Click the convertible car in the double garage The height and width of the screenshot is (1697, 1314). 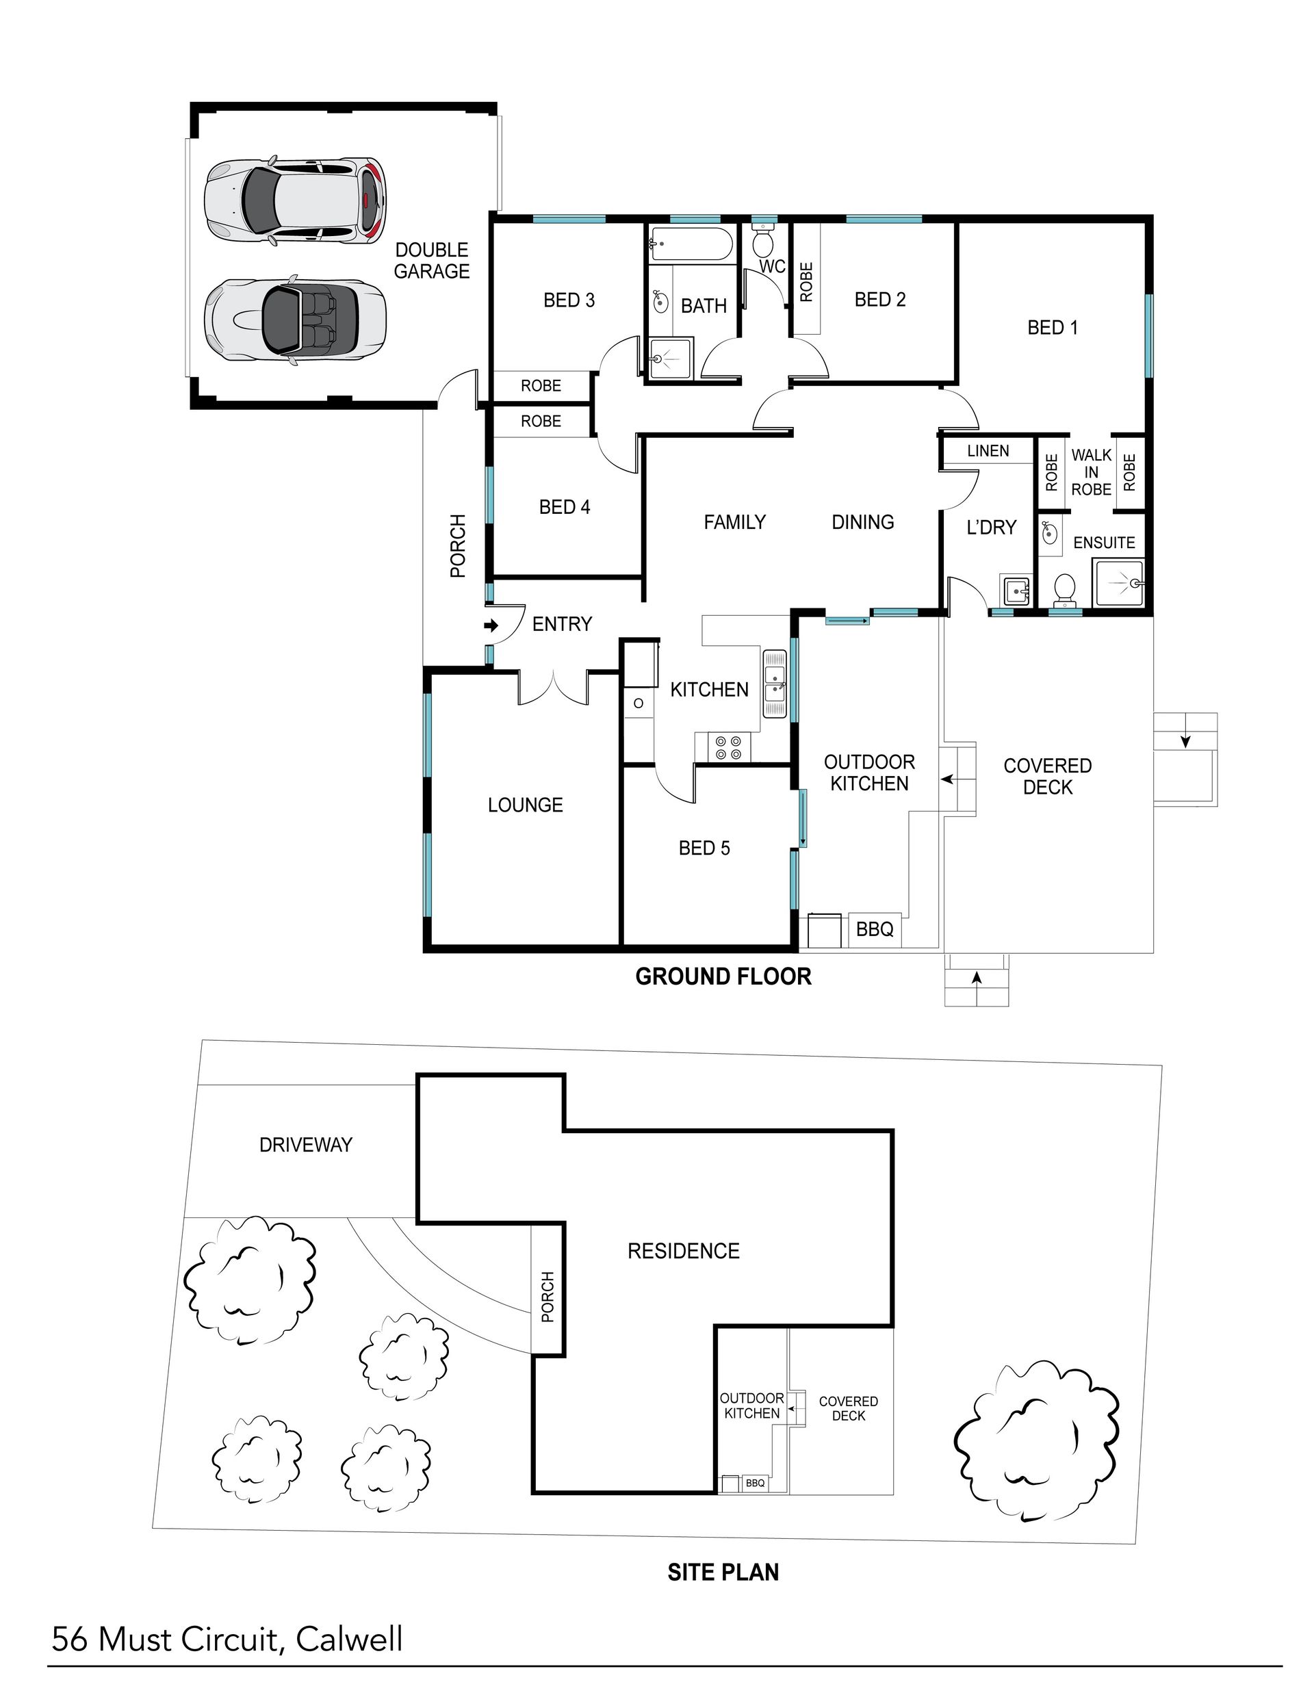click(295, 319)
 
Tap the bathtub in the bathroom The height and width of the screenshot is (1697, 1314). click(690, 244)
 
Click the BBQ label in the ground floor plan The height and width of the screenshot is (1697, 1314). click(874, 929)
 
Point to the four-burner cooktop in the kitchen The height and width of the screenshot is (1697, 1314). click(729, 747)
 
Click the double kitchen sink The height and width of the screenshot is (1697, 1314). click(775, 683)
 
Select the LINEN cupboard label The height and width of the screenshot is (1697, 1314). click(988, 451)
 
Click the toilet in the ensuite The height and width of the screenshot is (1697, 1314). click(1063, 591)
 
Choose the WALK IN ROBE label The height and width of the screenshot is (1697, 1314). click(1091, 471)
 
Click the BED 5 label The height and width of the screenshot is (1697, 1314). click(704, 848)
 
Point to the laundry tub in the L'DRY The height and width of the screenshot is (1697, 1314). click(1016, 591)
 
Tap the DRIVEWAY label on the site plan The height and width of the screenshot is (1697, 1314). click(305, 1145)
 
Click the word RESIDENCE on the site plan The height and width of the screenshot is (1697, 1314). click(683, 1251)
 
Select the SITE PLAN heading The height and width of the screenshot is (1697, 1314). click(723, 1572)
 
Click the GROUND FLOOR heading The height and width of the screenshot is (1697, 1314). click(723, 976)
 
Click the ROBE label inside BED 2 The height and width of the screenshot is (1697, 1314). click(806, 282)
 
